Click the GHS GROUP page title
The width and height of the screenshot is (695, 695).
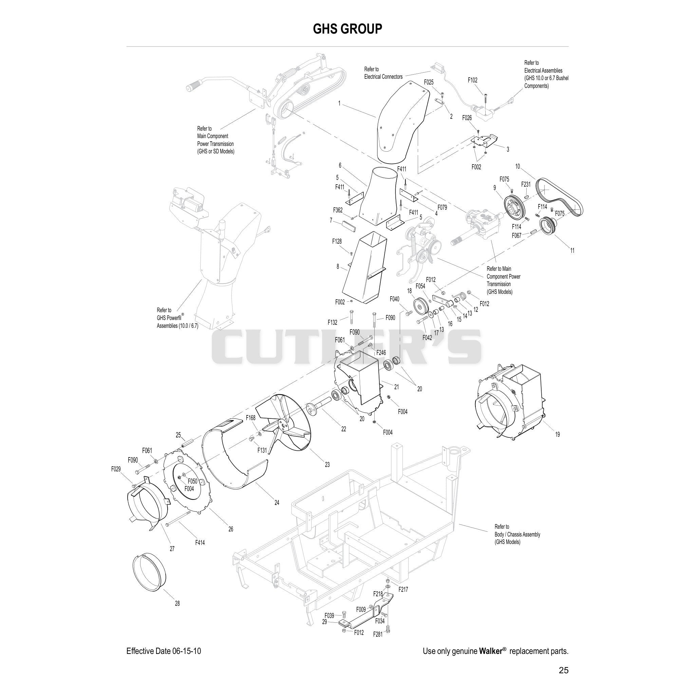347,29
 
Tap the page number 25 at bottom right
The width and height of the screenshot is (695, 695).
564,670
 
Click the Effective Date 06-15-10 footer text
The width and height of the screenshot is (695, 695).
164,651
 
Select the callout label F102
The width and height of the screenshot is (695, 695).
472,80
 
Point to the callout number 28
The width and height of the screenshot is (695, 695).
177,603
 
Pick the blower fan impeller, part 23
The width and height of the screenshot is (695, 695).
284,422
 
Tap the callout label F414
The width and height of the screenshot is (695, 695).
200,543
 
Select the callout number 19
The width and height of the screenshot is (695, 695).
557,434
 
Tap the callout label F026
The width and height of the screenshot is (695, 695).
467,118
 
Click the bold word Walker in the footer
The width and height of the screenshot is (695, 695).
491,651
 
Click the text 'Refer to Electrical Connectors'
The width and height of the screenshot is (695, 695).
383,73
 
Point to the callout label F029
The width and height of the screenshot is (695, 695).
116,469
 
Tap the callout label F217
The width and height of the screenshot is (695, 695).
403,589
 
